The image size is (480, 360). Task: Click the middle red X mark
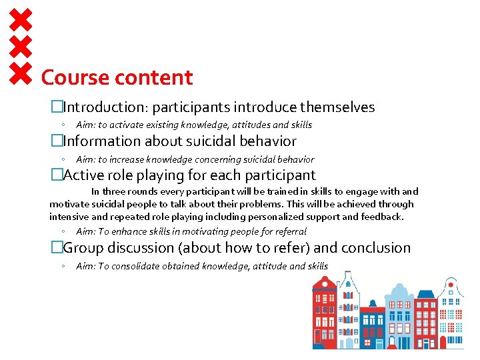(x=21, y=46)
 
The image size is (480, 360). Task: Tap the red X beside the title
(x=21, y=74)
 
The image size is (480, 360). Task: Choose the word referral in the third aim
(x=289, y=231)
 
